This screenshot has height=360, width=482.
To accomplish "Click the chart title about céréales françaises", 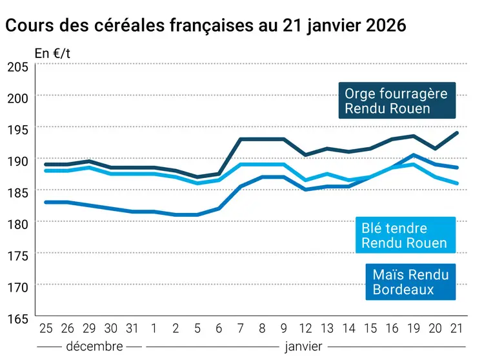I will (205, 25).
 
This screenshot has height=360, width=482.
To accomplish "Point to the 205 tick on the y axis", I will (17, 66).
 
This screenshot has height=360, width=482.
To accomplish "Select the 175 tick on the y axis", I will (17, 255).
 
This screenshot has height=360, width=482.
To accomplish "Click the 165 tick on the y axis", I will (17, 318).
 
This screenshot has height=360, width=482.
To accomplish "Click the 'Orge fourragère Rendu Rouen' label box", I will (396, 101).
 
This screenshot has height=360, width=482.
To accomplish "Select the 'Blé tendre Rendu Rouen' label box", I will (404, 235).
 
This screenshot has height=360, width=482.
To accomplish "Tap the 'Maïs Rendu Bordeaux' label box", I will (410, 282).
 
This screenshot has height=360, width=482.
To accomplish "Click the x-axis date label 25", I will (45, 328).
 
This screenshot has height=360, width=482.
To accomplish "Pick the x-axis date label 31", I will (132, 328).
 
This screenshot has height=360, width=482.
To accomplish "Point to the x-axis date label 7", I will (241, 328).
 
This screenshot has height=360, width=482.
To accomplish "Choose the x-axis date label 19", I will (413, 328).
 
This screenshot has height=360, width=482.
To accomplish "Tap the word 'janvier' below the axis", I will (303, 346).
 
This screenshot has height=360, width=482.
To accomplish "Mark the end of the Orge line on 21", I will (457, 133).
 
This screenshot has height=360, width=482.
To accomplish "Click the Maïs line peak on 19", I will (414, 155).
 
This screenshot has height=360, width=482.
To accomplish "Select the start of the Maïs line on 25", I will (45, 202).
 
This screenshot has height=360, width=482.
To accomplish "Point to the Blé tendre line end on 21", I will (457, 183).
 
